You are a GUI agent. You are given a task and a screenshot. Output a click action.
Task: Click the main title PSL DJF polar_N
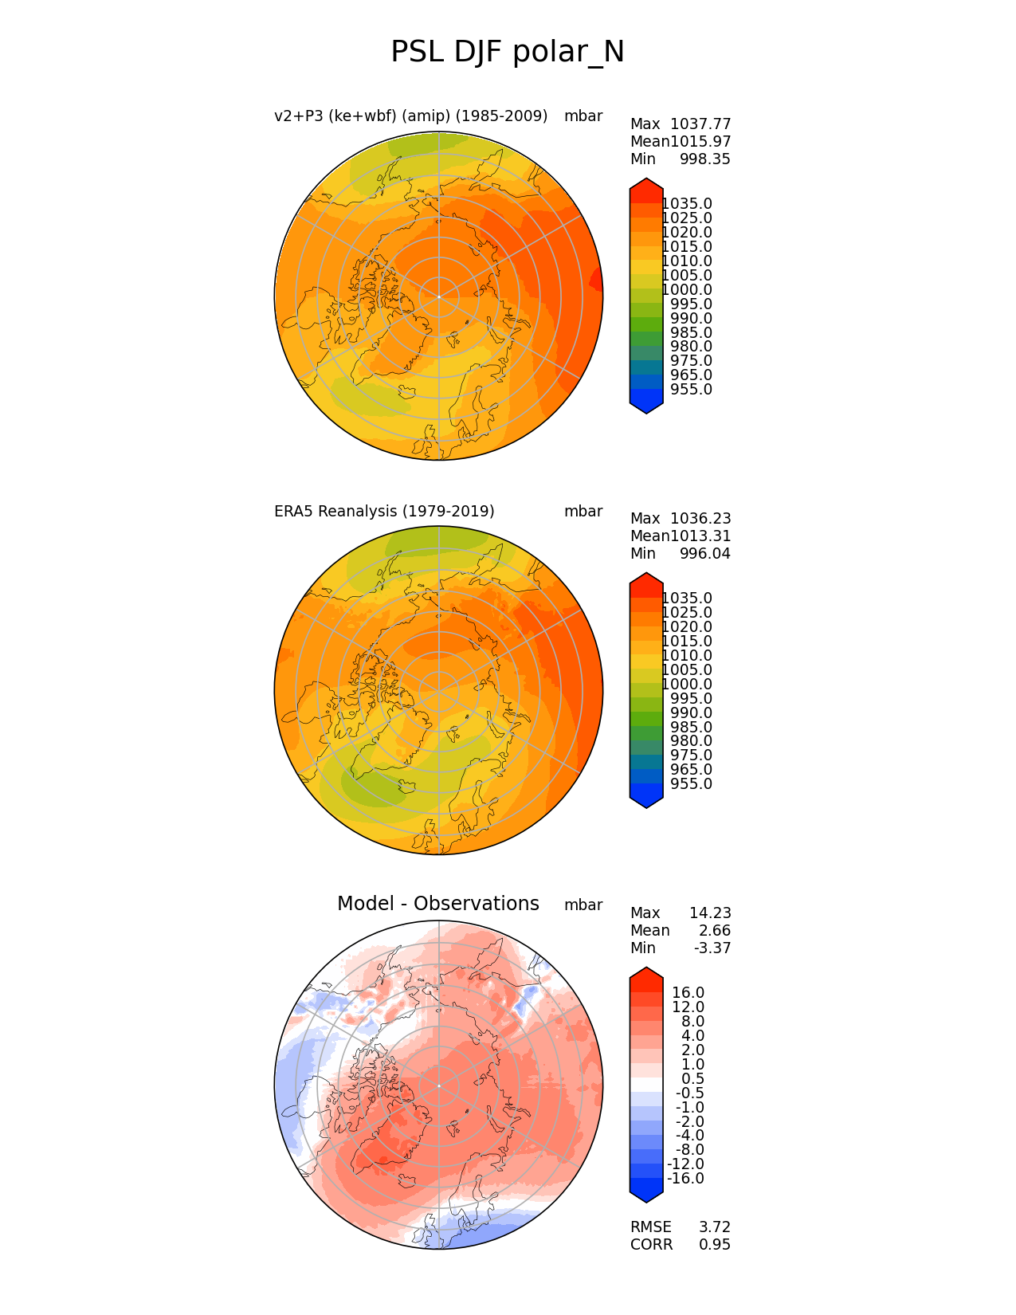[508, 53]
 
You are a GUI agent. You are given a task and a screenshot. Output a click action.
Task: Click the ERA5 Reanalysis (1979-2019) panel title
[384, 512]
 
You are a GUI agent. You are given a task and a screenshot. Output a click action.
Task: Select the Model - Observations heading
[438, 904]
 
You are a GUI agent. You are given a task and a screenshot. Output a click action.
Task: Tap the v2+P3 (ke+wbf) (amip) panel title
[410, 116]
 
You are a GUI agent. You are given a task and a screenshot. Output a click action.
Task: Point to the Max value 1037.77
[700, 124]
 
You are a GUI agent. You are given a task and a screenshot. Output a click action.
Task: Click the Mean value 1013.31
[700, 536]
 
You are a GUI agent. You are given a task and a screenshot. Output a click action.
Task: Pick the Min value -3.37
[712, 948]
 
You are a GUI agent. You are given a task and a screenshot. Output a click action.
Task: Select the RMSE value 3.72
[715, 1227]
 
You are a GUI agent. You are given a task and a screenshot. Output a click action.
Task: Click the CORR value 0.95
[715, 1245]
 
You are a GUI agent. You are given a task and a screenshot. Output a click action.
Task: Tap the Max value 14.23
[710, 913]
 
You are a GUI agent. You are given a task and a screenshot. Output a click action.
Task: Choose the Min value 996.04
[704, 554]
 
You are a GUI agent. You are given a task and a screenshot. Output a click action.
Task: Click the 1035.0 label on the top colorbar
[687, 204]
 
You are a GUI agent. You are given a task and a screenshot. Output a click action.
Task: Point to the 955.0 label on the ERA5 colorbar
[692, 784]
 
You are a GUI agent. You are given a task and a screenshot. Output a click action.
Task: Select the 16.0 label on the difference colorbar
[688, 993]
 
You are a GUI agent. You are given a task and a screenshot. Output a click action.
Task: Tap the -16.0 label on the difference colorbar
[685, 1179]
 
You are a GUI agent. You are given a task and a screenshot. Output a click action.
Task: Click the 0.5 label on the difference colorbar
[692, 1079]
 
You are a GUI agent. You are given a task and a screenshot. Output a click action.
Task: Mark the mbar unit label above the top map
[583, 116]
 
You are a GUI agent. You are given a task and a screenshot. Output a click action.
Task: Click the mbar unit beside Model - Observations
[583, 905]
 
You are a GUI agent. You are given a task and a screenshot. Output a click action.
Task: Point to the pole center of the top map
[439, 296]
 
